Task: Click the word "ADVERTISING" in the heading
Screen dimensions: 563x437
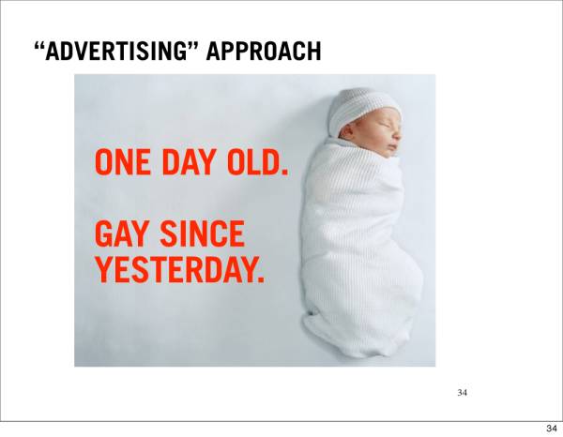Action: tap(116, 51)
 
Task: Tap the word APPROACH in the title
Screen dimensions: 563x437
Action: tap(264, 51)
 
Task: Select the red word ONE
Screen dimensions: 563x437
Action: tap(122, 162)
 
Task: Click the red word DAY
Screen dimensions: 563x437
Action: tap(189, 162)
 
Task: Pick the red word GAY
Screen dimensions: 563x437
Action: tap(121, 234)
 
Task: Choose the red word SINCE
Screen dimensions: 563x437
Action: tap(202, 234)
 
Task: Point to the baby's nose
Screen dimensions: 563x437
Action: tap(398, 135)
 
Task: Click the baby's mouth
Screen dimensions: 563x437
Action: tap(394, 147)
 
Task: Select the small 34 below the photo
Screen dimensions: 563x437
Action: tap(462, 393)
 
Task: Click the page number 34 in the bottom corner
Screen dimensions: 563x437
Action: tap(552, 428)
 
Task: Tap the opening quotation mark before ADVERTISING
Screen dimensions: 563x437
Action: tap(39, 46)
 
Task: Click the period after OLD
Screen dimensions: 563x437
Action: tap(284, 172)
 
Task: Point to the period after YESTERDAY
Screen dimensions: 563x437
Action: tap(261, 279)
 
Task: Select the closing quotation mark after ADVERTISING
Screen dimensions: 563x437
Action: tap(193, 46)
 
